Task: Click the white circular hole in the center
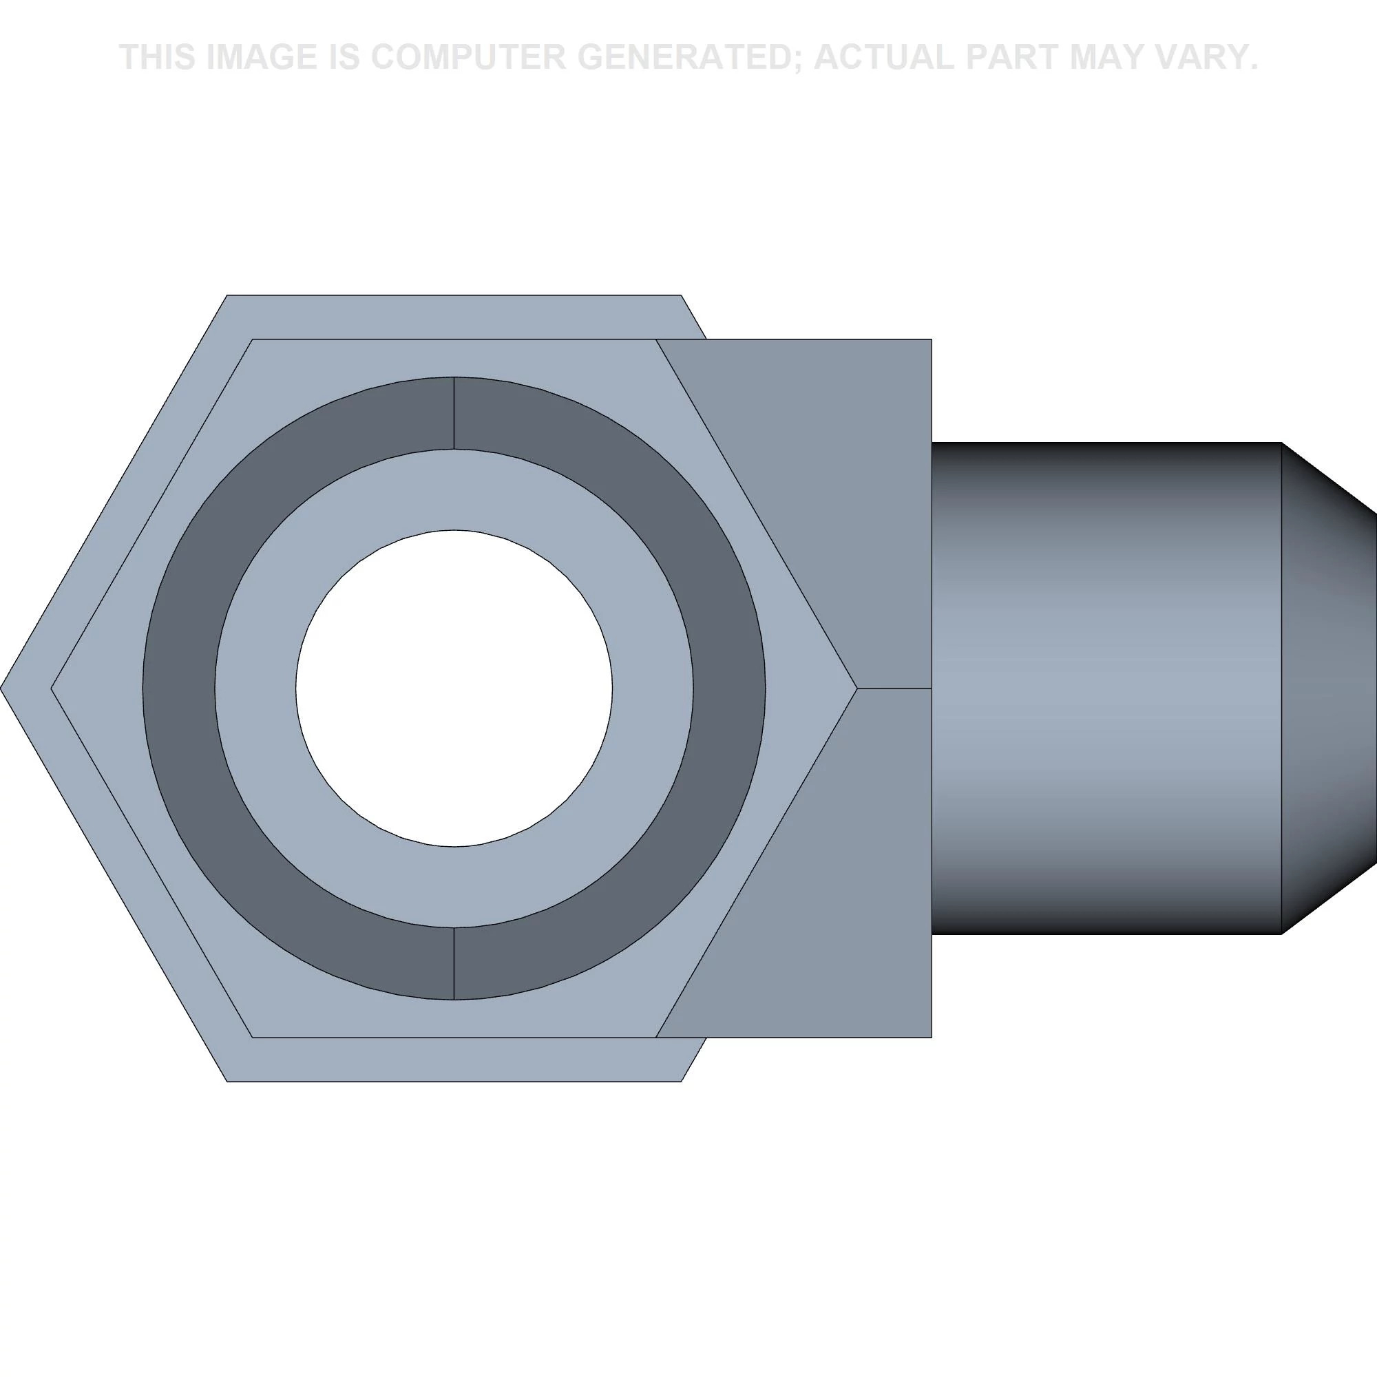(x=454, y=688)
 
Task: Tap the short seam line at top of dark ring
(x=454, y=413)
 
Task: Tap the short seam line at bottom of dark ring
(x=454, y=964)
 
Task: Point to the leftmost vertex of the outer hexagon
(x=1, y=688)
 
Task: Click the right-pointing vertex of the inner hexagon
(x=856, y=688)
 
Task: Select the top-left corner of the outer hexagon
(x=227, y=295)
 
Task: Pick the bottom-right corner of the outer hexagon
(x=681, y=1081)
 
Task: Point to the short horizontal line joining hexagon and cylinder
(x=894, y=688)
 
